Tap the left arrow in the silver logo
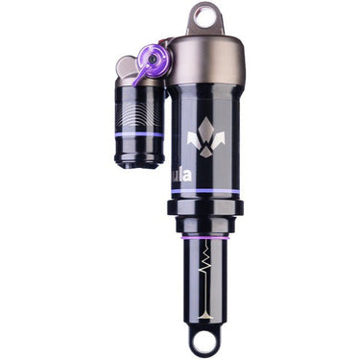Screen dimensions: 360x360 point(193,142)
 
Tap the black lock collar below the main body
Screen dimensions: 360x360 point(204,208)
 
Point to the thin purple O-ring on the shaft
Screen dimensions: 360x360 point(204,233)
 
